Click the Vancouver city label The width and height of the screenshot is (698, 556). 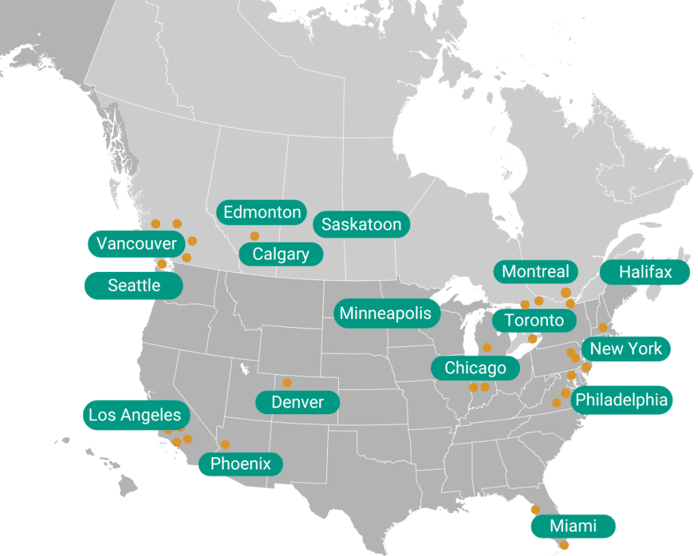point(136,244)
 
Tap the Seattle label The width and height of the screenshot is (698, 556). point(134,285)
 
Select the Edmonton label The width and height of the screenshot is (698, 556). point(262,213)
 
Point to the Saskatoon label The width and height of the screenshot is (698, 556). point(361,225)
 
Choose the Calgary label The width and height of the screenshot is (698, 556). point(281,254)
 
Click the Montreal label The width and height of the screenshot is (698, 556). point(535,272)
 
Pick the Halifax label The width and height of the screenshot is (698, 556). point(645,273)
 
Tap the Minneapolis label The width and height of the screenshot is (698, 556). point(386,313)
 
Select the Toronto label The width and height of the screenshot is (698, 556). point(534,320)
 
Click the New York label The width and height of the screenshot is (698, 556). point(626,349)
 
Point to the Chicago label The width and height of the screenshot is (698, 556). point(475,369)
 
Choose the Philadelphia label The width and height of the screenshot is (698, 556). point(621,399)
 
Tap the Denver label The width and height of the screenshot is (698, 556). point(297,402)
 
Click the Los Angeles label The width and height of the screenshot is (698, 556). point(136,415)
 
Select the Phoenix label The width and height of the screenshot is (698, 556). point(241,465)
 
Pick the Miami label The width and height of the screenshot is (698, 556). point(573,526)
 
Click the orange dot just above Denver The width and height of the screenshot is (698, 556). point(287,383)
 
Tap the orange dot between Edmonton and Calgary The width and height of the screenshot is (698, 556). point(254,236)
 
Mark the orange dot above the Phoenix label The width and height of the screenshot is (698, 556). point(225,444)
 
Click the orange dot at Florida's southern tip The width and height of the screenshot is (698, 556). point(564,545)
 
